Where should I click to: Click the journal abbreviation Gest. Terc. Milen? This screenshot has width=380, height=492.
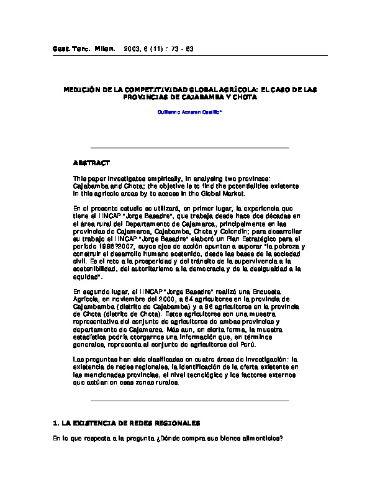pos(79,48)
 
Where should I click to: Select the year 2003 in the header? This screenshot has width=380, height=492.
pos(133,48)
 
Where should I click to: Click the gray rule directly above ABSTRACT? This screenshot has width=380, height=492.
pos(190,148)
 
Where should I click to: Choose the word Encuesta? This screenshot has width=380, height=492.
pos(265,291)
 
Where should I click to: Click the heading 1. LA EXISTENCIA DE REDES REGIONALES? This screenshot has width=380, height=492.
pos(127,422)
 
